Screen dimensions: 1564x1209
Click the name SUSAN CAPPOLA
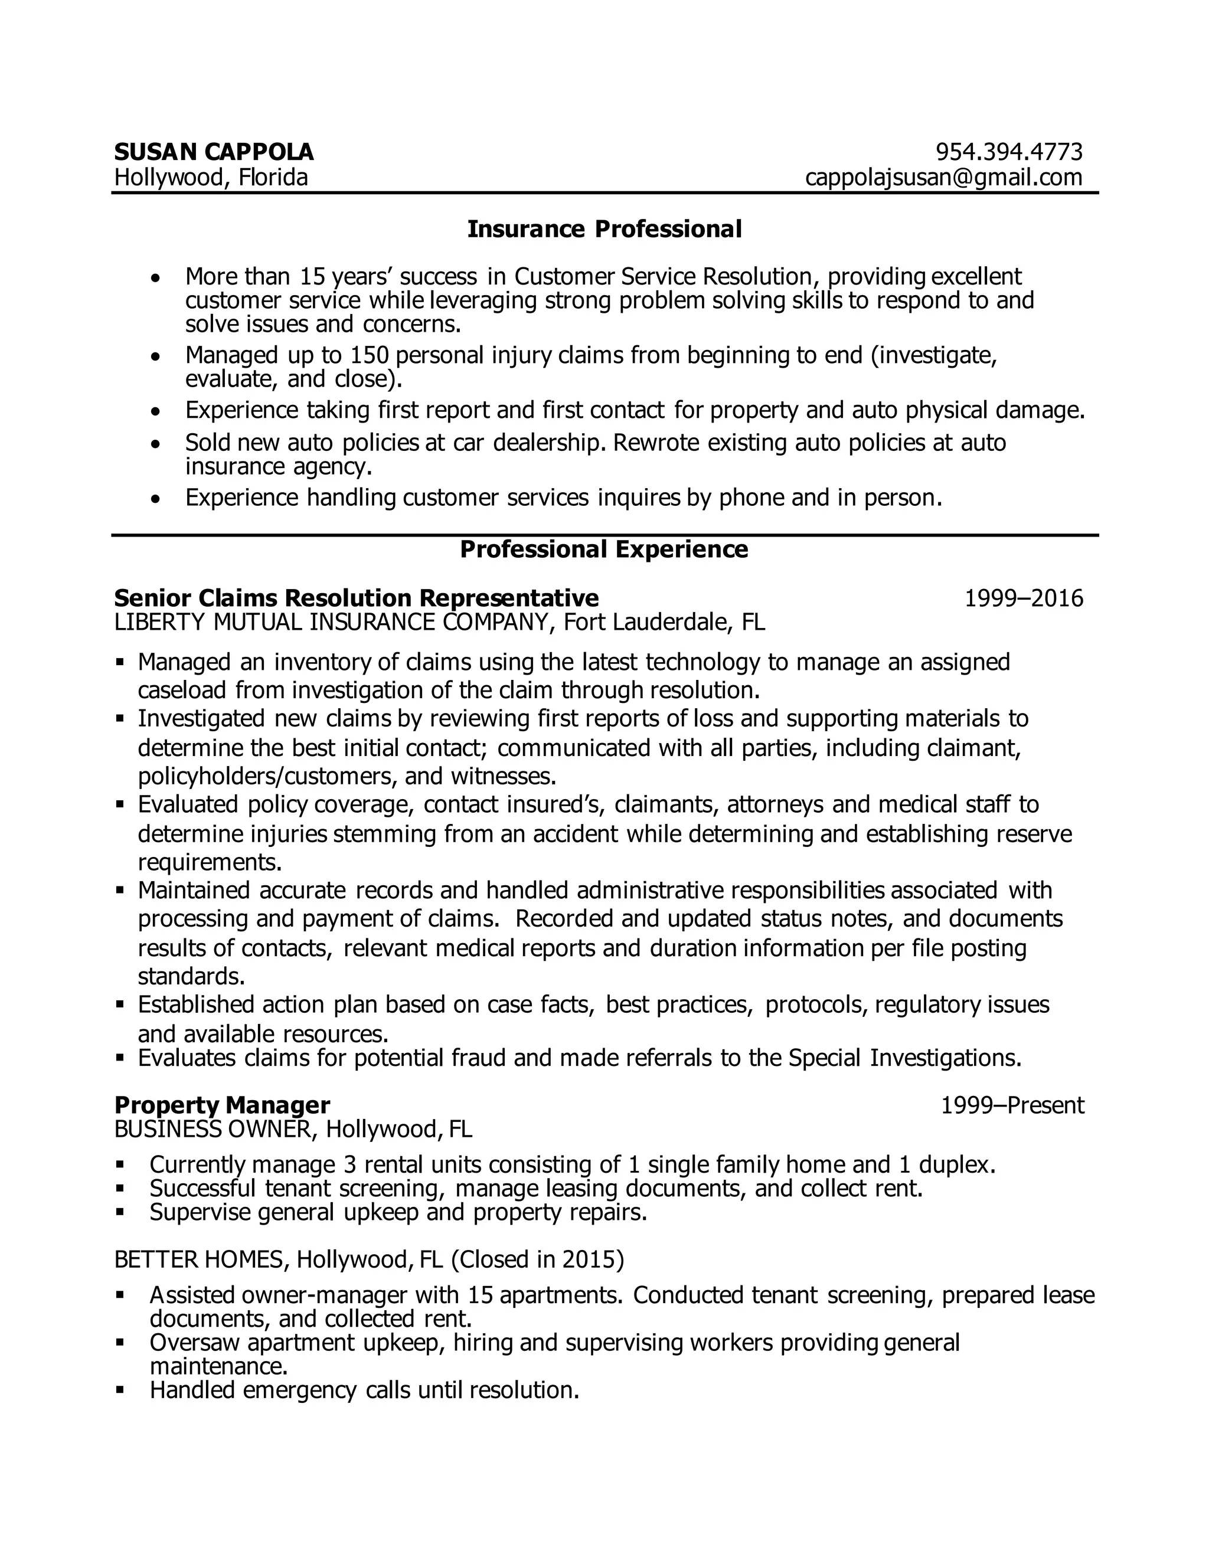[214, 152]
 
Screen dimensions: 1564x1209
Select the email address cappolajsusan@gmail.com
[943, 177]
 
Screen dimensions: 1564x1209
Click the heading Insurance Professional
[604, 229]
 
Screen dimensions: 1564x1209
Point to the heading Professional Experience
[604, 549]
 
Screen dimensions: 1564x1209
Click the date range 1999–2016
[1024, 598]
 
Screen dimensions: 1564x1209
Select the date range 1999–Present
[1012, 1105]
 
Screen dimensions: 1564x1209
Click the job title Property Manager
[222, 1105]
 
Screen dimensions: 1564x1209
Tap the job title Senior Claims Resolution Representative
[356, 598]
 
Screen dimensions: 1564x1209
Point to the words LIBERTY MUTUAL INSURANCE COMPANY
[331, 622]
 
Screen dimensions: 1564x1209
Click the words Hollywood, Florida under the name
[211, 177]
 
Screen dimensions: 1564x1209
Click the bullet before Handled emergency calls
[120, 1390]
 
